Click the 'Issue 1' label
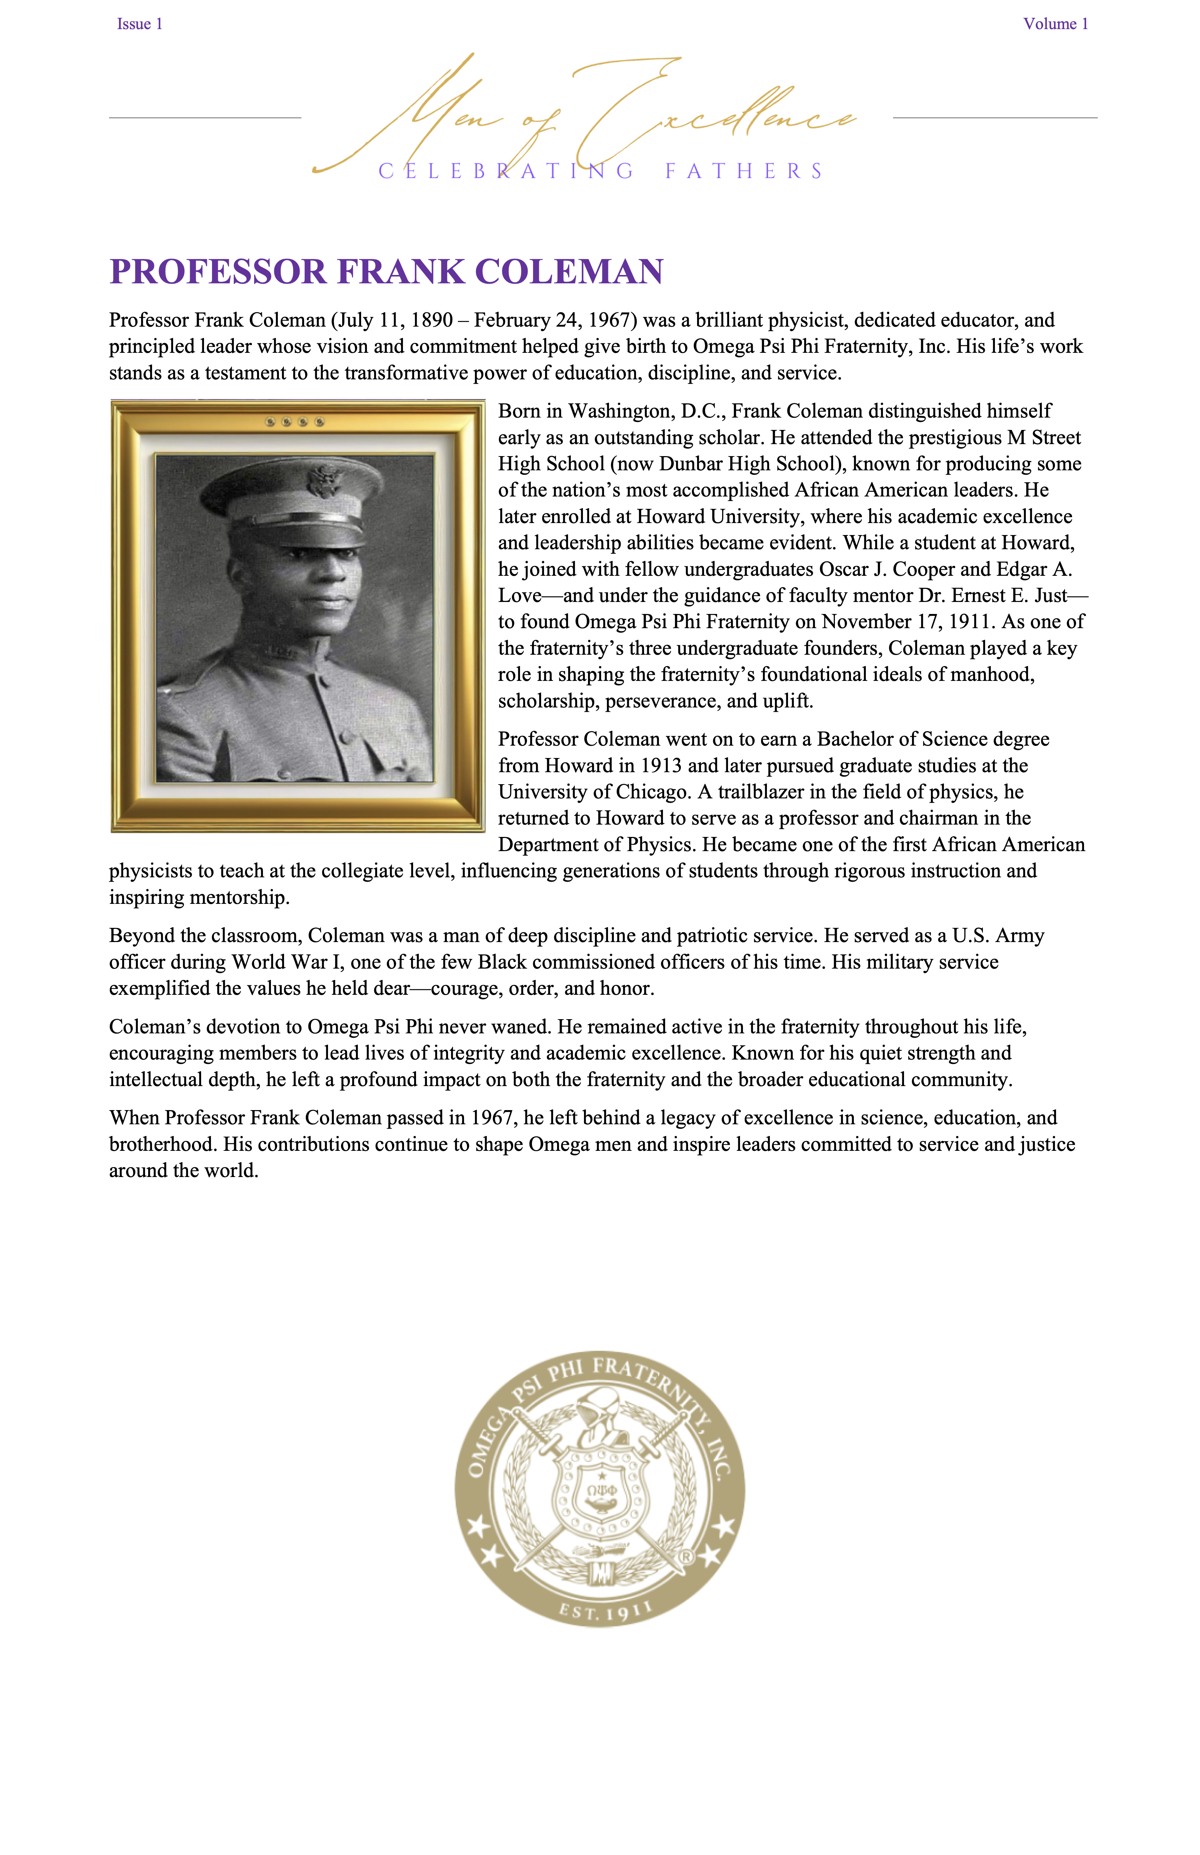140,24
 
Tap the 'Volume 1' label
1055,24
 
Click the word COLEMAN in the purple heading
569,272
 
